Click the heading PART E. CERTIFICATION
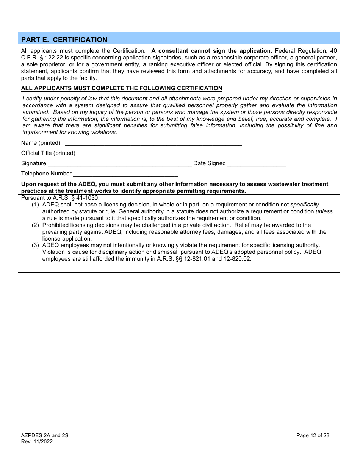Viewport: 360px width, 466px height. tap(64, 39)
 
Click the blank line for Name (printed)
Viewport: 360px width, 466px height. tap(153, 143)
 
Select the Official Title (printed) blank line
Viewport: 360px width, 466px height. tap(160, 153)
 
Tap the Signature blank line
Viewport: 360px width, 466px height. tap(120, 164)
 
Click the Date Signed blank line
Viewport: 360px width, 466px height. tap(257, 164)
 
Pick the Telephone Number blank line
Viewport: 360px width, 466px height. tap(125, 174)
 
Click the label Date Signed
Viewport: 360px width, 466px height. tap(210, 163)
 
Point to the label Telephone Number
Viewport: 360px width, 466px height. tap(46, 174)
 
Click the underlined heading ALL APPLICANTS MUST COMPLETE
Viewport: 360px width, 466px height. tap(122, 88)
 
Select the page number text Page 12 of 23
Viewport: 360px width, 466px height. tap(313, 435)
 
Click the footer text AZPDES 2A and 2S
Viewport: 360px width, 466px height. tap(45, 435)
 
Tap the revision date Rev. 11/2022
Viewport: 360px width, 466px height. tap(37, 441)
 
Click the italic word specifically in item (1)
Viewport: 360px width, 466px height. tap(305, 205)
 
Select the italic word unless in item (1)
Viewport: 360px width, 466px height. tap(324, 211)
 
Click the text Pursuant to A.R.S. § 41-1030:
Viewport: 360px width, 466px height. tap(60, 198)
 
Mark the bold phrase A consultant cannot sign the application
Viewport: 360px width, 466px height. tap(212, 51)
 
